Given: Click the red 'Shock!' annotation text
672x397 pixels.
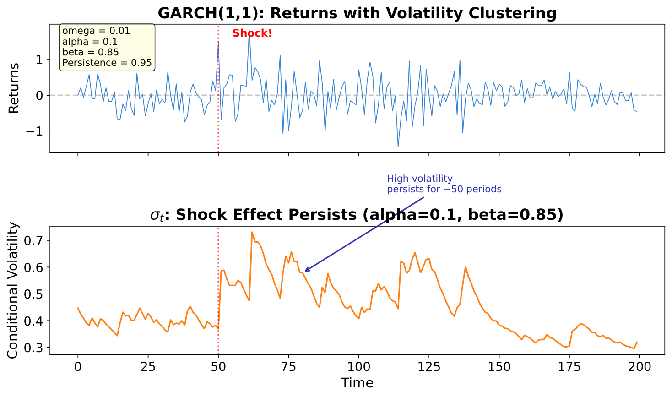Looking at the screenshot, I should [x=252, y=33].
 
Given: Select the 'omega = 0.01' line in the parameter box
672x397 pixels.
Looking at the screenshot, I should [x=96, y=31].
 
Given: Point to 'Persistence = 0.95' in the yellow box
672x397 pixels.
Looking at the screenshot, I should [x=107, y=63].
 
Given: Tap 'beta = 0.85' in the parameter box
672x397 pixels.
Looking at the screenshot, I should [x=90, y=52].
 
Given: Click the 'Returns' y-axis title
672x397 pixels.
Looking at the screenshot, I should [x=14, y=88].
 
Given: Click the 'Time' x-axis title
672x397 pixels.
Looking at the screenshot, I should [x=357, y=383].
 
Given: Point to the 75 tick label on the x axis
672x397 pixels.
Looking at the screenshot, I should [x=288, y=367].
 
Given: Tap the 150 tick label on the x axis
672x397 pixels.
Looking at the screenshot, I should [x=499, y=367].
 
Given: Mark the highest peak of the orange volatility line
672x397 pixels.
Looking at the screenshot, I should [x=252, y=232].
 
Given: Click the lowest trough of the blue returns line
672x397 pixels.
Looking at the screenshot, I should [x=398, y=147].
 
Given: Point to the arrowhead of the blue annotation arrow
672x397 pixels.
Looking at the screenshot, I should [x=305, y=271].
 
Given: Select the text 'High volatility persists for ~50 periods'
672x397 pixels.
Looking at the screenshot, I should [x=444, y=184].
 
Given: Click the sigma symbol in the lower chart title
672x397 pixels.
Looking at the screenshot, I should [x=156, y=215].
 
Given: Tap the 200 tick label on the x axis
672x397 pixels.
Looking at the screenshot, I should [x=639, y=367].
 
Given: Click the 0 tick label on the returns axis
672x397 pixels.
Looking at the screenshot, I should [x=39, y=96].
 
